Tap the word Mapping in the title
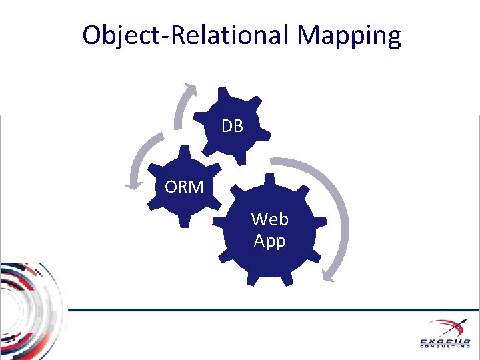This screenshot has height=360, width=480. (x=349, y=35)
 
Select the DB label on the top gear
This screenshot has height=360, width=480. (x=232, y=126)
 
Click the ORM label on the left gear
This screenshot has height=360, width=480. (x=184, y=187)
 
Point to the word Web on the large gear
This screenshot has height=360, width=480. (x=270, y=219)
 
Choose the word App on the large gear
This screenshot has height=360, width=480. (x=269, y=241)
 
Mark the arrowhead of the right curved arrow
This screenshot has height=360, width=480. (x=327, y=275)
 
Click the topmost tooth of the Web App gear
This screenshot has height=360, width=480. (x=270, y=180)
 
